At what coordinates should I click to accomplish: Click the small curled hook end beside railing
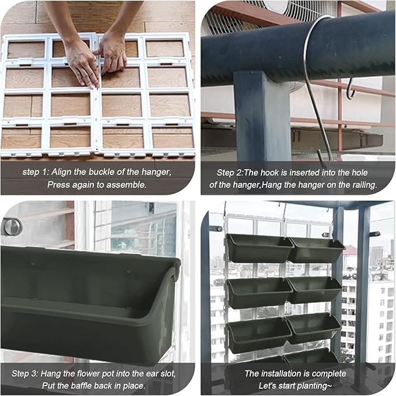351,89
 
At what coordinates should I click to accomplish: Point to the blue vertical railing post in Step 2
262,116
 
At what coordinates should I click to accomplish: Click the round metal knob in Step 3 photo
11,226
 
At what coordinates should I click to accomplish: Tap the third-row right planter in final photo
313,328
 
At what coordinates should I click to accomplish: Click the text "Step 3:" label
24,374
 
